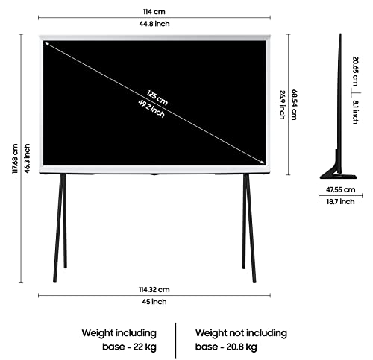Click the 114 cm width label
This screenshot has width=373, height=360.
[154, 12]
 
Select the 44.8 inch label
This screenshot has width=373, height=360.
[154, 24]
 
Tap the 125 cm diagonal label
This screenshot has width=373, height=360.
[157, 98]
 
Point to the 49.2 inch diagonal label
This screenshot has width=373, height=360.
[151, 109]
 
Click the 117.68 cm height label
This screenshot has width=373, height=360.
[16, 159]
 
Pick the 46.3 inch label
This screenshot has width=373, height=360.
[27, 158]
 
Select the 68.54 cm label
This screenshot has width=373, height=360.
[294, 104]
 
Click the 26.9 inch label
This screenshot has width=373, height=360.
[282, 104]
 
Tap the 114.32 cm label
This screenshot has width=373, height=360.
[154, 290]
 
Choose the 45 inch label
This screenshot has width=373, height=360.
[154, 302]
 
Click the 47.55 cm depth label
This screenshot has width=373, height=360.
[340, 189]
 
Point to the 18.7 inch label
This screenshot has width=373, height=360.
[340, 201]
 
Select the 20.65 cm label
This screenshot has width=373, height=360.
[356, 72]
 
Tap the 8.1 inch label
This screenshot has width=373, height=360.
[356, 112]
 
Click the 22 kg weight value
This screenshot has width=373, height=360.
[145, 347]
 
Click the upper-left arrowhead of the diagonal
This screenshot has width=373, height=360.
[46, 43]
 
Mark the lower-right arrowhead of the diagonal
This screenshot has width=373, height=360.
[263, 162]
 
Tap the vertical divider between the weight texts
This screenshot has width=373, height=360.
[175, 341]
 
